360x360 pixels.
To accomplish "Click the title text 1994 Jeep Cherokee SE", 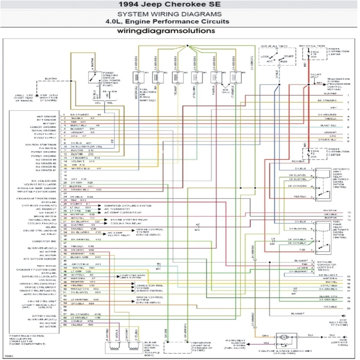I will (x=180, y=5).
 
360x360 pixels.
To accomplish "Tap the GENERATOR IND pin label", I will (x=45, y=242).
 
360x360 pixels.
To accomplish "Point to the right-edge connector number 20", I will (x=349, y=308).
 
